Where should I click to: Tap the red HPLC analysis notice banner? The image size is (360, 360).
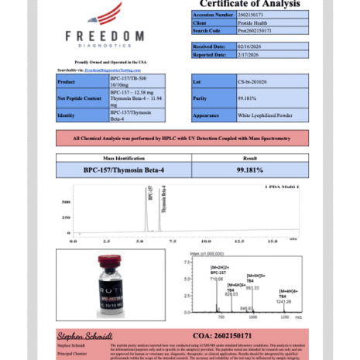pyautogui.click(x=181, y=138)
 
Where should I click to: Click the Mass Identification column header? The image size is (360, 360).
pyautogui.click(x=124, y=157)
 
